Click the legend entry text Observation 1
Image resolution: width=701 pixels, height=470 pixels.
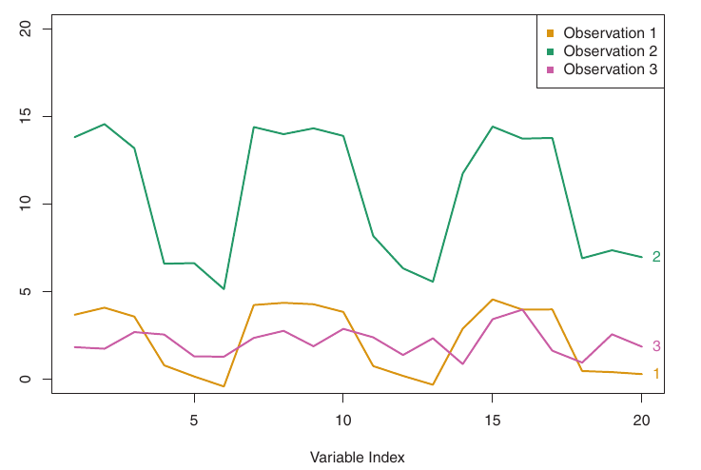[x=610, y=33]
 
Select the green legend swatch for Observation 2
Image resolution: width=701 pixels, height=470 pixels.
[x=551, y=51]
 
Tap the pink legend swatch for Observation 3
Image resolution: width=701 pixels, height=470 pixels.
[x=551, y=69]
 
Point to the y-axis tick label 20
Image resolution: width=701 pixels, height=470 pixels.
[x=27, y=29]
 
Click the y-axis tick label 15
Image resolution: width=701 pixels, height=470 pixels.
[x=27, y=116]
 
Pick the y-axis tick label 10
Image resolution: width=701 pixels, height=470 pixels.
[x=27, y=204]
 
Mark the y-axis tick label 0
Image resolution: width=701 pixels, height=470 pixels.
[x=27, y=379]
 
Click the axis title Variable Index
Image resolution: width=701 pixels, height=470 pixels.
[x=358, y=457]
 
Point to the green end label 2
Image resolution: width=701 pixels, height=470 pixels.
[x=656, y=257]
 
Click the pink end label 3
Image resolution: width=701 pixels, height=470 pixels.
[x=656, y=346]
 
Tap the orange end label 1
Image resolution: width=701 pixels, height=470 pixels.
[x=656, y=374]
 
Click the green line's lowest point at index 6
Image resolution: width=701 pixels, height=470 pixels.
[x=224, y=288]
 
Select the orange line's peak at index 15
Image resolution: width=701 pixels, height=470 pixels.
[x=492, y=300]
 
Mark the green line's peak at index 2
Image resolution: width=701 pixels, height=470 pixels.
[x=105, y=124]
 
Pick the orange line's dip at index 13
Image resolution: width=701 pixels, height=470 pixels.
[x=433, y=384]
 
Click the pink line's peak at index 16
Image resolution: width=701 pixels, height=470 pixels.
[x=522, y=309]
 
